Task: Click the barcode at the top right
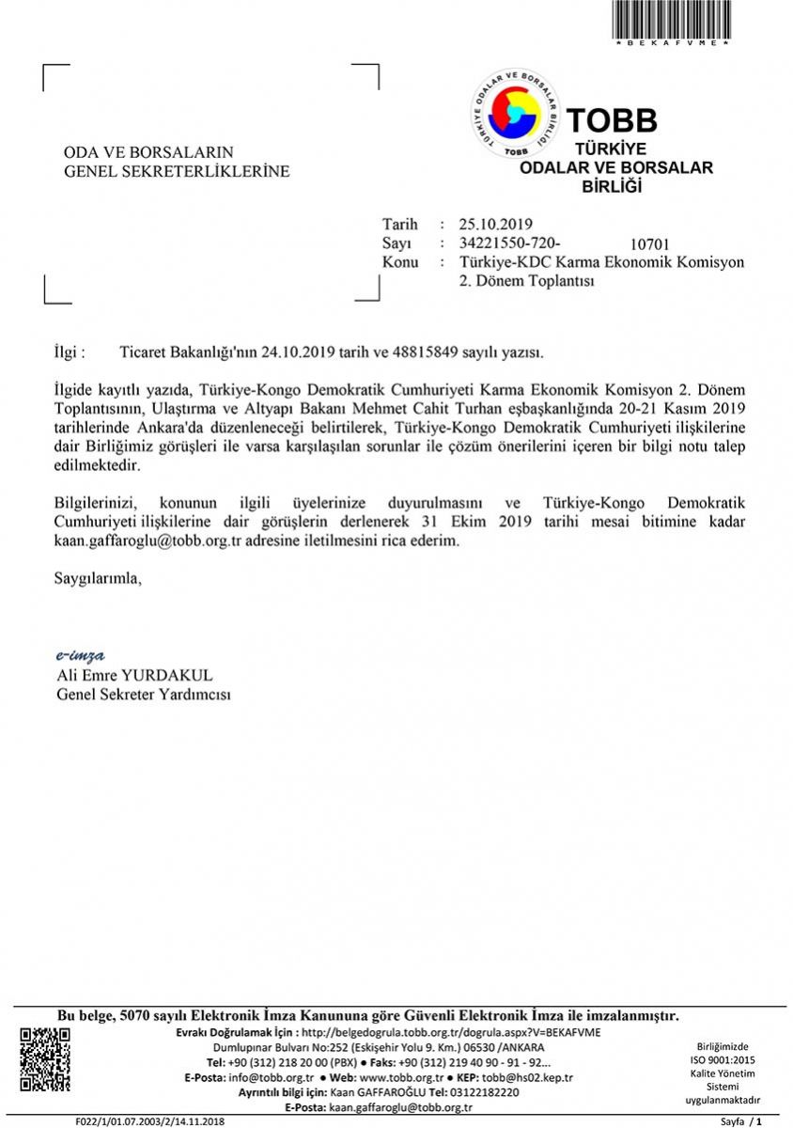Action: click(x=671, y=20)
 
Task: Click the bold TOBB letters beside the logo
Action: click(x=612, y=120)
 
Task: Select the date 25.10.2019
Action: click(x=496, y=224)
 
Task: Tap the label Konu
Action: click(x=400, y=261)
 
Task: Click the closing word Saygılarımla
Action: click(x=98, y=578)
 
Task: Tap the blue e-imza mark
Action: click(x=81, y=655)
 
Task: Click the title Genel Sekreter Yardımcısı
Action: click(x=144, y=695)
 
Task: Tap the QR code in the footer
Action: click(x=45, y=1059)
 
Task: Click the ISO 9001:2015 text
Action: click(x=722, y=1059)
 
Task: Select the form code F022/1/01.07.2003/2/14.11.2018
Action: click(x=150, y=1121)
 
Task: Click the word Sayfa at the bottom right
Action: click(x=733, y=1121)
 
